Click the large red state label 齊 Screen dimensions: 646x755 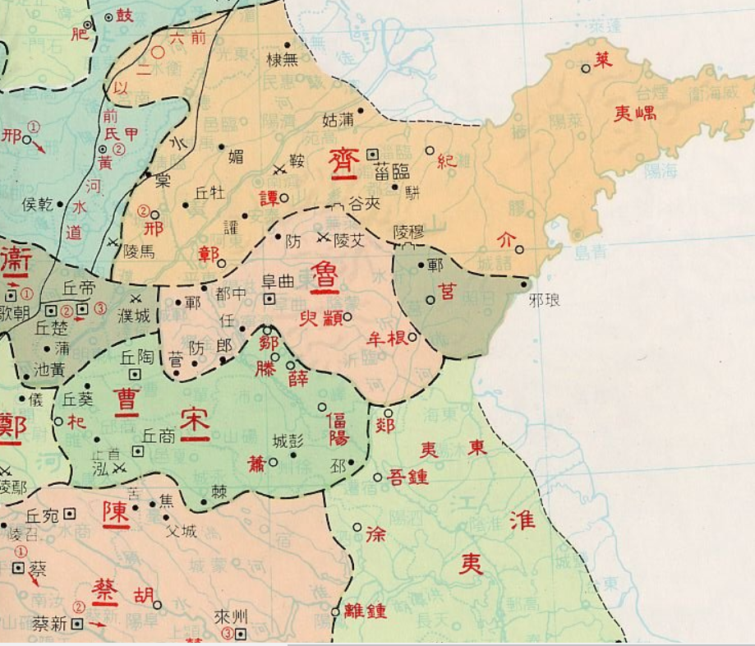click(343, 162)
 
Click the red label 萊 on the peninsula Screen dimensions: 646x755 click(604, 59)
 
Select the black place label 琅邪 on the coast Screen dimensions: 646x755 click(546, 302)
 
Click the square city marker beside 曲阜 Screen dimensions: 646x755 click(269, 299)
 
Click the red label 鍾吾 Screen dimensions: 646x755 click(407, 476)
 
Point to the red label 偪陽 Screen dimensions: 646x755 click(337, 428)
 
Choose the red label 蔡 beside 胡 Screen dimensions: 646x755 click(104, 589)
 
